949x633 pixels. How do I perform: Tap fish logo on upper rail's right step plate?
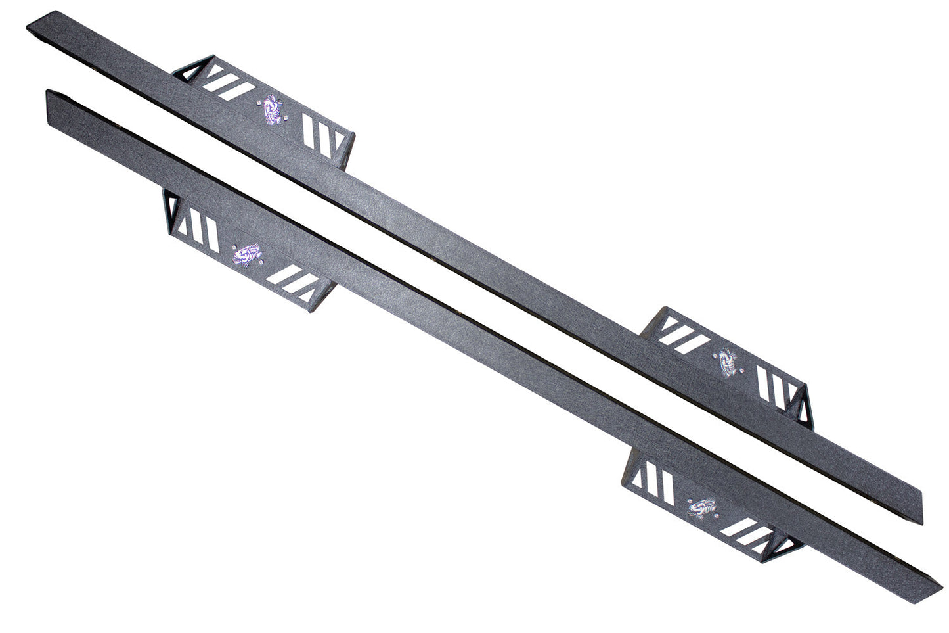point(726,361)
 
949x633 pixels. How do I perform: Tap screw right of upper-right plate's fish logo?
point(742,370)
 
